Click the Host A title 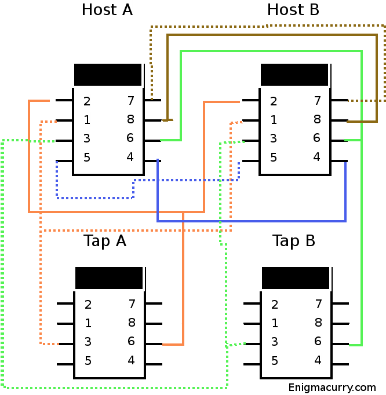point(107,10)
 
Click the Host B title point(293,10)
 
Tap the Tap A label point(105,241)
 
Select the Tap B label point(294,241)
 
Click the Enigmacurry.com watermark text point(332,387)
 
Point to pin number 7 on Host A point(130,101)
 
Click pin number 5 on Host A point(87,157)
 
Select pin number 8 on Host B point(317,120)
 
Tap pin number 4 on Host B point(316,157)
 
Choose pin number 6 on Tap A point(132,341)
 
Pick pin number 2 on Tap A point(88,305)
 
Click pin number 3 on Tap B point(275,342)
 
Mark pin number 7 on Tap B point(318,304)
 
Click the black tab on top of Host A point(108,75)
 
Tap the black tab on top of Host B point(294,75)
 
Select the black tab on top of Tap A point(109,278)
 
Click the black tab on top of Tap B point(296,278)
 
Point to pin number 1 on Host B point(274,120)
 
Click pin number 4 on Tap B point(318,360)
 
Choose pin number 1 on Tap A point(88,323)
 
